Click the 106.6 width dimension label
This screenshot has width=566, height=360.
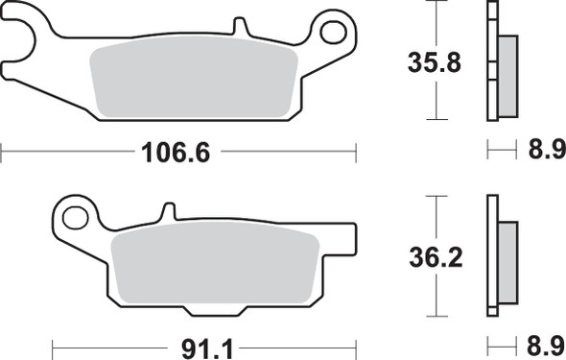(175, 151)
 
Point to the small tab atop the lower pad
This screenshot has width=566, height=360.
(169, 210)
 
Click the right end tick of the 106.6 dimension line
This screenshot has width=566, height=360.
(356, 151)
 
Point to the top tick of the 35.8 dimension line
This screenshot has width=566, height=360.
(436, 3)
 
